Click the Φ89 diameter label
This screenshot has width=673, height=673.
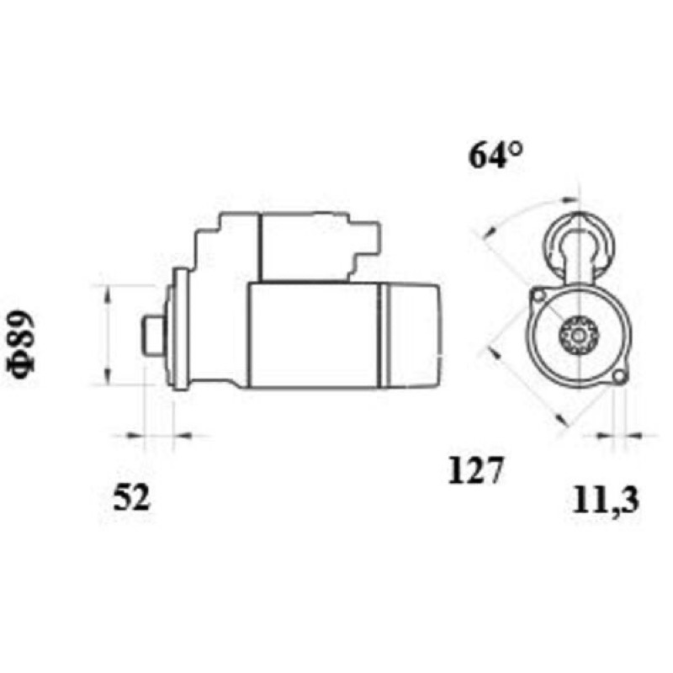[x=19, y=345]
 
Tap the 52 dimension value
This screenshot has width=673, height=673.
[x=132, y=497]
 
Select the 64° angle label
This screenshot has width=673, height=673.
[x=495, y=155]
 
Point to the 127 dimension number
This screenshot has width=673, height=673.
[x=474, y=470]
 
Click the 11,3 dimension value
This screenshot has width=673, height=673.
[x=606, y=501]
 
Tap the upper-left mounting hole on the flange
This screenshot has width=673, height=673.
[x=538, y=295]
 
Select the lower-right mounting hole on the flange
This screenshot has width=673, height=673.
[x=618, y=376]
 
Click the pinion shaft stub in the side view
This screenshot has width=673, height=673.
[x=153, y=335]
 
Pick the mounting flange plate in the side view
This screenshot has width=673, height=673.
[x=180, y=330]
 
